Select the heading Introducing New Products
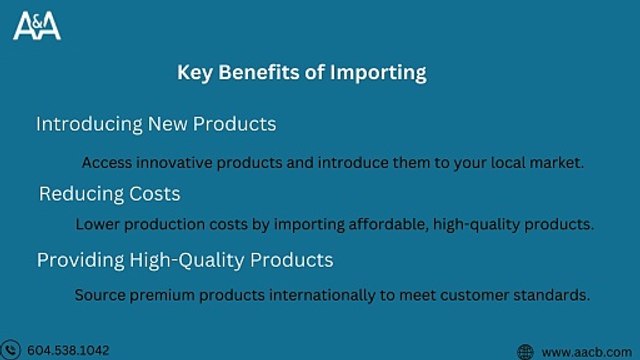(x=156, y=125)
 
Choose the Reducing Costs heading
(x=110, y=193)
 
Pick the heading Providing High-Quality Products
(x=185, y=260)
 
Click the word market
(x=558, y=161)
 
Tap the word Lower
(x=96, y=225)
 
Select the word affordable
(x=387, y=225)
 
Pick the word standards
(x=555, y=295)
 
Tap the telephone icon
(x=12, y=350)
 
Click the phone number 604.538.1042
(x=68, y=350)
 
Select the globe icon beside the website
(x=525, y=351)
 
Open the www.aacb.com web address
(x=585, y=351)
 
